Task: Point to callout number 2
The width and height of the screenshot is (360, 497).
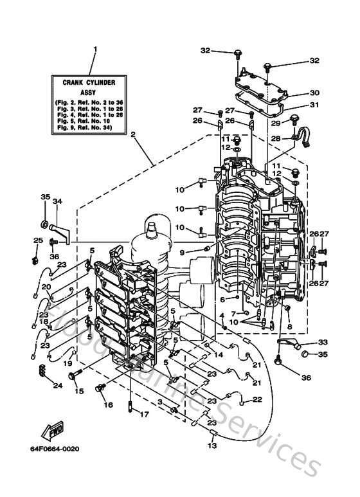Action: pos(133,135)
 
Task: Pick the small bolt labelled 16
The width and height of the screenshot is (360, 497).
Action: pos(100,388)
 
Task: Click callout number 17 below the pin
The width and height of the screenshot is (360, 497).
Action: pos(144,414)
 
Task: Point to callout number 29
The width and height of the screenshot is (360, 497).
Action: pos(276,122)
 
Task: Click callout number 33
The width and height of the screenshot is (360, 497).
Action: pos(322,341)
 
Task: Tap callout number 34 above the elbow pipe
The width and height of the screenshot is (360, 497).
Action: pos(57,201)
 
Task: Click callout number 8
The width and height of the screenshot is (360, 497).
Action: pos(289,327)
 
